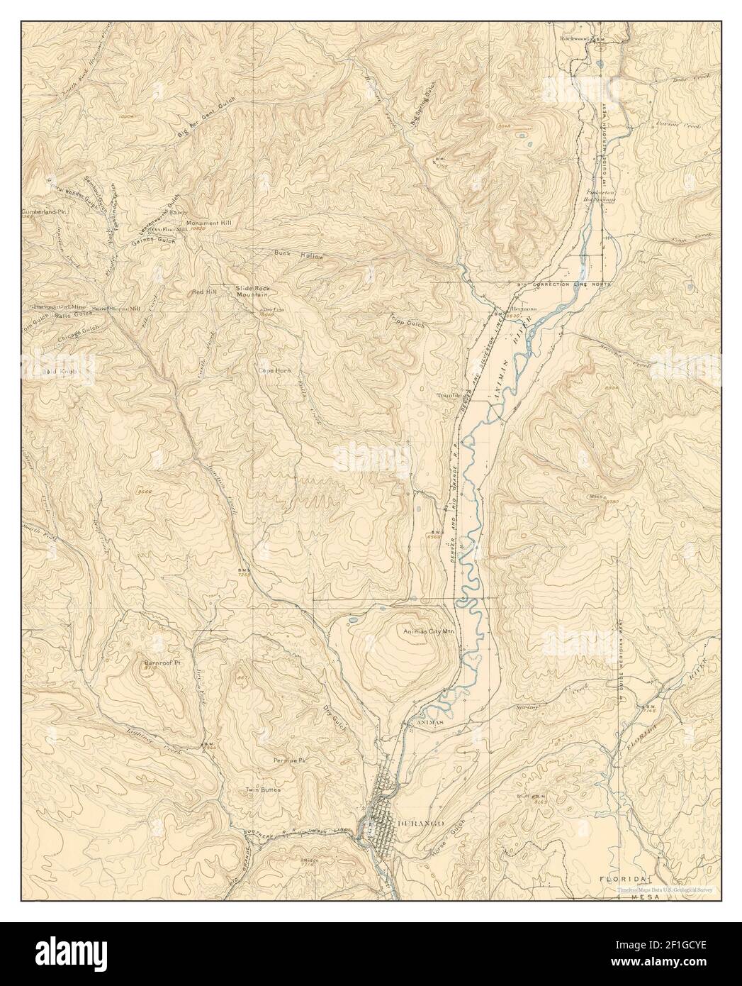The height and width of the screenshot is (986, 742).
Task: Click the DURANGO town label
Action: [418, 821]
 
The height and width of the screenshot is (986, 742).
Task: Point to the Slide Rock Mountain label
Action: [252, 291]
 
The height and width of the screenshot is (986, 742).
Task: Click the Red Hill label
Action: [203, 292]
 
